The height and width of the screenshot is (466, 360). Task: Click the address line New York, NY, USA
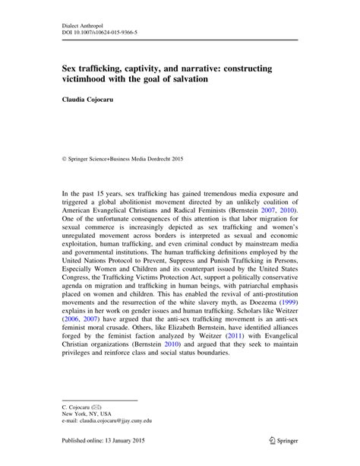point(89,417)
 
